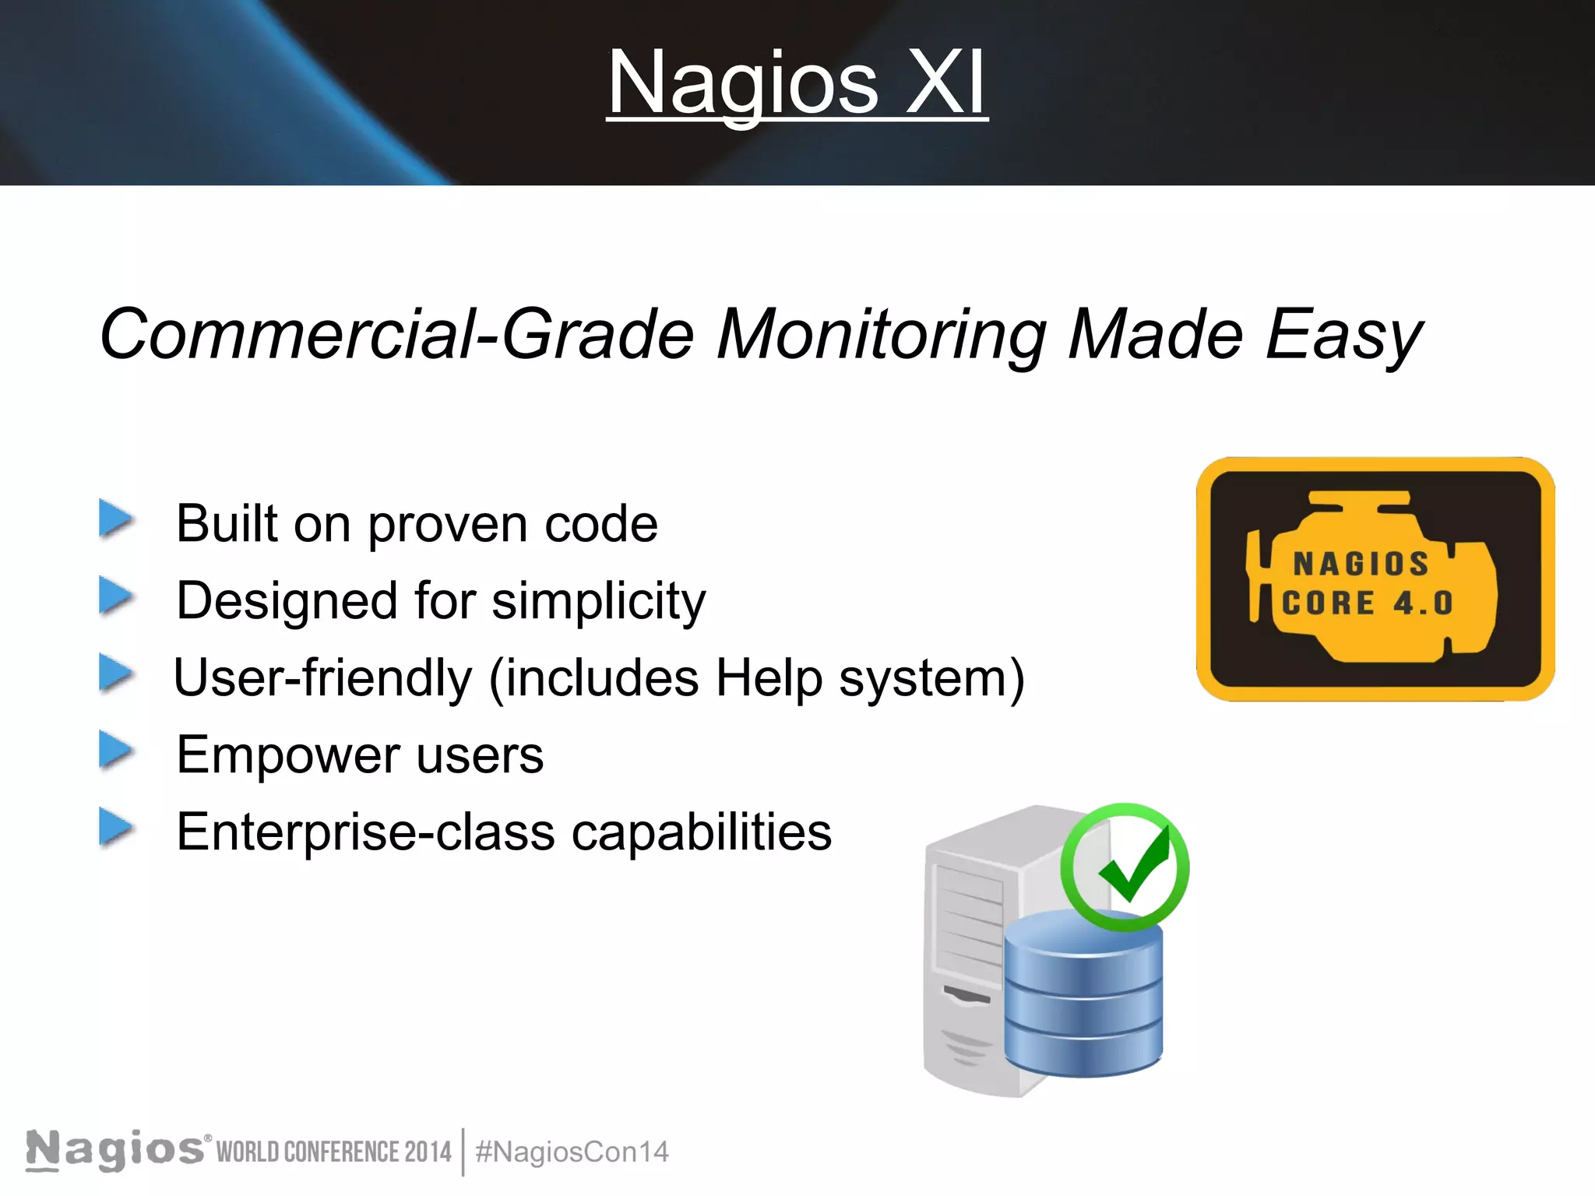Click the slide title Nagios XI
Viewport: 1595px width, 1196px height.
click(797, 83)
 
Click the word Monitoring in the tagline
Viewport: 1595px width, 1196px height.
click(881, 335)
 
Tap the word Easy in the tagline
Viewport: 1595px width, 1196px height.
click(1343, 335)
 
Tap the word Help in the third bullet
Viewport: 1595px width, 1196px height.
click(768, 678)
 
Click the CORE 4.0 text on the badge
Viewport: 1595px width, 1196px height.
click(1367, 603)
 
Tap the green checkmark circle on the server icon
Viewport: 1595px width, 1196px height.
click(1125, 867)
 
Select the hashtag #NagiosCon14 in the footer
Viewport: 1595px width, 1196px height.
click(572, 1152)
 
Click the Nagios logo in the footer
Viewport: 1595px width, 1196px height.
click(115, 1149)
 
